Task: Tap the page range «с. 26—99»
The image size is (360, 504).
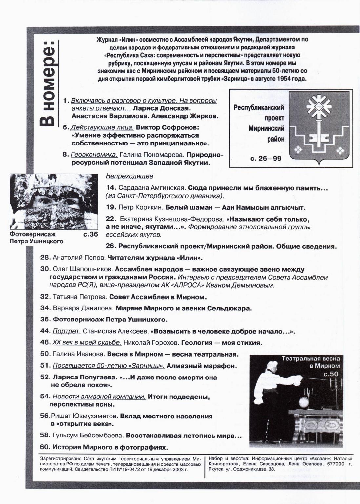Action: pyautogui.click(x=266, y=159)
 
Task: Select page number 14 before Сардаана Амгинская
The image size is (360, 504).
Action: pyautogui.click(x=111, y=188)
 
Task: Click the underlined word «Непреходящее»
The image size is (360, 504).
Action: pyautogui.click(x=129, y=176)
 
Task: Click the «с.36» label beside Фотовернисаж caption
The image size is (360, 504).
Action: pyautogui.click(x=90, y=234)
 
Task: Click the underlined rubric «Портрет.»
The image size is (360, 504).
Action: pyautogui.click(x=67, y=331)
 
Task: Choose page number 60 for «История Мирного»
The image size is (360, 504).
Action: pyautogui.click(x=45, y=447)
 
